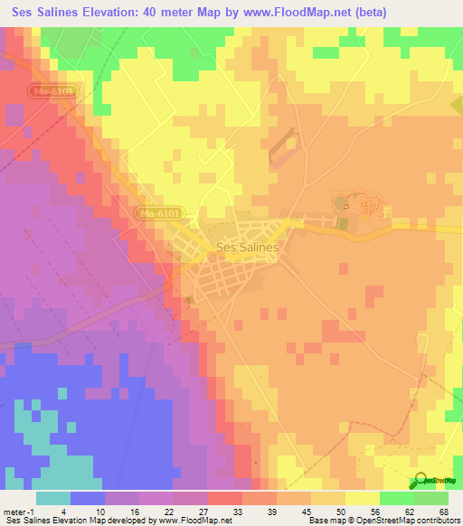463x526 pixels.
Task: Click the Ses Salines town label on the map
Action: pos(247,246)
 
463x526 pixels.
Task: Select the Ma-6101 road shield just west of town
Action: pos(163,212)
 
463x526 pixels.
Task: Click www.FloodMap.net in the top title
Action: pos(288,13)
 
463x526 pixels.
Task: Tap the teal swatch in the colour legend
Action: pos(53,498)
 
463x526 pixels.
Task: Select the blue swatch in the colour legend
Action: pos(88,498)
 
